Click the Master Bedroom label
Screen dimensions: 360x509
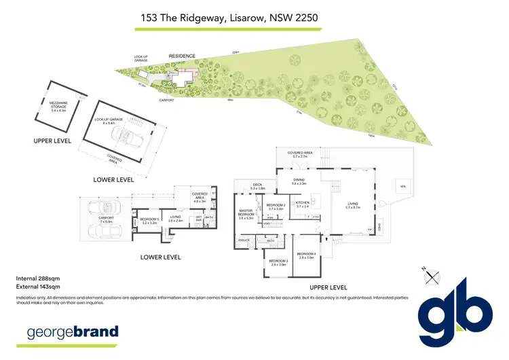point(245,212)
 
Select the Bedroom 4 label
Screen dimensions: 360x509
point(307,256)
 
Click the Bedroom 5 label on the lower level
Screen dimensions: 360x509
point(149,221)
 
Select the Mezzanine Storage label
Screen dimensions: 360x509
point(59,105)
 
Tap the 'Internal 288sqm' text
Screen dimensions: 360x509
point(35,278)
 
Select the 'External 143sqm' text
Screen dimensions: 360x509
point(36,287)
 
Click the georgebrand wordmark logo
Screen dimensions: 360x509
point(72,332)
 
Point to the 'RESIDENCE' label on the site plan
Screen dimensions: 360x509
point(182,56)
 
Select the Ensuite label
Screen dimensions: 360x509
point(244,240)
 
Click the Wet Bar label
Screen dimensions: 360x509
point(199,219)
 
